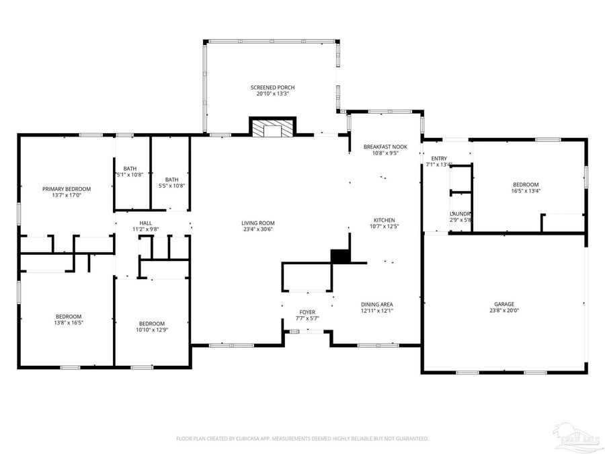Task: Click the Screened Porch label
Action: click(272, 87)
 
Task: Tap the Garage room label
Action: click(503, 304)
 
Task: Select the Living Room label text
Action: click(258, 223)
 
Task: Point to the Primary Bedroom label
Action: click(67, 189)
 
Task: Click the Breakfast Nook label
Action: click(385, 147)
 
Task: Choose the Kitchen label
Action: click(384, 220)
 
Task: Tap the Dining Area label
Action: click(376, 304)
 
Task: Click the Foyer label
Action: click(307, 312)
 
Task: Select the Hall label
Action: click(146, 223)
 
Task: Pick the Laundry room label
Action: click(460, 214)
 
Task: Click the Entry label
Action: click(439, 158)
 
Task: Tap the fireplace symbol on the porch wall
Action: click(272, 128)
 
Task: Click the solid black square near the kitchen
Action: click(341, 256)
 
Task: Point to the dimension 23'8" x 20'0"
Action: click(503, 311)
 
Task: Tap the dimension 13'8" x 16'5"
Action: click(69, 323)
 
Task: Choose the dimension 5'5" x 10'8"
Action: click(172, 186)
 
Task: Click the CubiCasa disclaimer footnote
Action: click(302, 439)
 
